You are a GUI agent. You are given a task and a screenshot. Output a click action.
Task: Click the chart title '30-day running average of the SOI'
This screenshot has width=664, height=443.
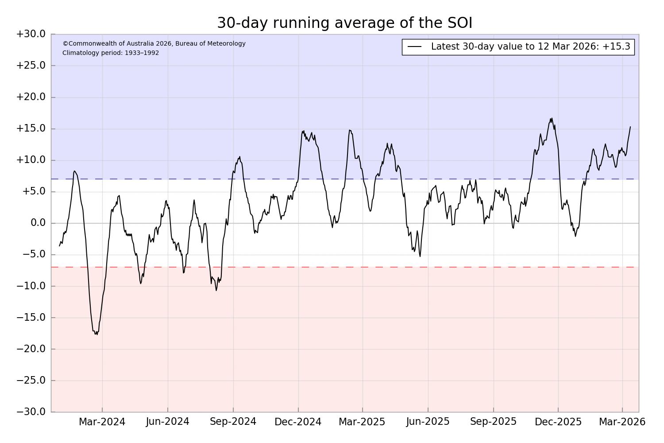coord(344,23)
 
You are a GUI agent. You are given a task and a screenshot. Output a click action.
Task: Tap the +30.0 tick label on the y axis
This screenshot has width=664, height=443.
coord(31,34)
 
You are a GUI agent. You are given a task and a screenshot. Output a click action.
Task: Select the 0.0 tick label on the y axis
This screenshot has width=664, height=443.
coord(38,223)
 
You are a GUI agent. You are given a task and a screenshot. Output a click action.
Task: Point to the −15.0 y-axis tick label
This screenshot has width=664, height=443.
coord(31,318)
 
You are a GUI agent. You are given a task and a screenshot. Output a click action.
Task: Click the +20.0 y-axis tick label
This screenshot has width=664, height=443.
coord(31,97)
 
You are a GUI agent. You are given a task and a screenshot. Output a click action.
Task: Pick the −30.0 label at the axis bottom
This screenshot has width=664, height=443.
coord(31,412)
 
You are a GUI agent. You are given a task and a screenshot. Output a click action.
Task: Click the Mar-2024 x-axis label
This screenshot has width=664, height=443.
coord(102,422)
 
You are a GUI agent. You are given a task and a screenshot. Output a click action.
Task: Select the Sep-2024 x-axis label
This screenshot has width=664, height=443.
coord(233,422)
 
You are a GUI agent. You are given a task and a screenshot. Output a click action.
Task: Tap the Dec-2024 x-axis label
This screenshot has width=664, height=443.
coord(298,422)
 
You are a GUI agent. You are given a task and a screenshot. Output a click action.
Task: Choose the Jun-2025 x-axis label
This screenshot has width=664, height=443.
coord(428,422)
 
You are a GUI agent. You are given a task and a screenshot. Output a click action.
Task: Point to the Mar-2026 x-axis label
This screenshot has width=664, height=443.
coord(622,422)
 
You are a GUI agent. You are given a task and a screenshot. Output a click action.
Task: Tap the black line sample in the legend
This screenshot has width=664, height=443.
coord(414,47)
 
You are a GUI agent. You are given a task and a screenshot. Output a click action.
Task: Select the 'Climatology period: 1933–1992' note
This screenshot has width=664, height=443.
coord(111,53)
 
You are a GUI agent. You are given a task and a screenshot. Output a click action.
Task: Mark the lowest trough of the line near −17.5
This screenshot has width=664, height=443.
coord(97,334)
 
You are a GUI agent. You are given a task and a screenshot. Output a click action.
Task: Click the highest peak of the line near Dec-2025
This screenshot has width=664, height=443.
coord(552,118)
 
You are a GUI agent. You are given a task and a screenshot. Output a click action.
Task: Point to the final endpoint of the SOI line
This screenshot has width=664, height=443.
coord(630,127)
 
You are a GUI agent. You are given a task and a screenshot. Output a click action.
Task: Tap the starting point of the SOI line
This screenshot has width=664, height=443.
coord(60,246)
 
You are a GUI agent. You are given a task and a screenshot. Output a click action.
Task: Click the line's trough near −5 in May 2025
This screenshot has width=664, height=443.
coord(420,256)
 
